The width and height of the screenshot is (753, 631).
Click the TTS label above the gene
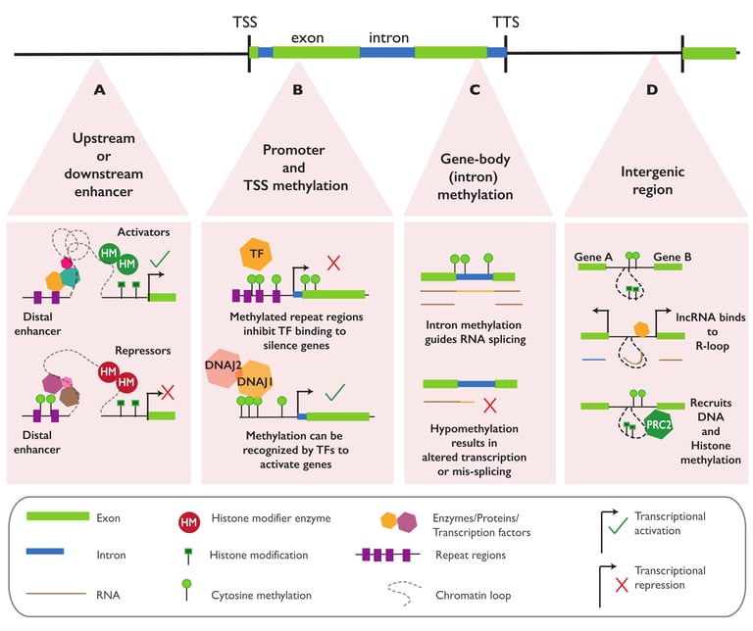point(505,21)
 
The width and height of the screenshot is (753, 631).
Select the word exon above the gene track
point(308,38)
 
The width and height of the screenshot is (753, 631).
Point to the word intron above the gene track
point(389,38)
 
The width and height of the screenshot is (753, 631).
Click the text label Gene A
point(595,256)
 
